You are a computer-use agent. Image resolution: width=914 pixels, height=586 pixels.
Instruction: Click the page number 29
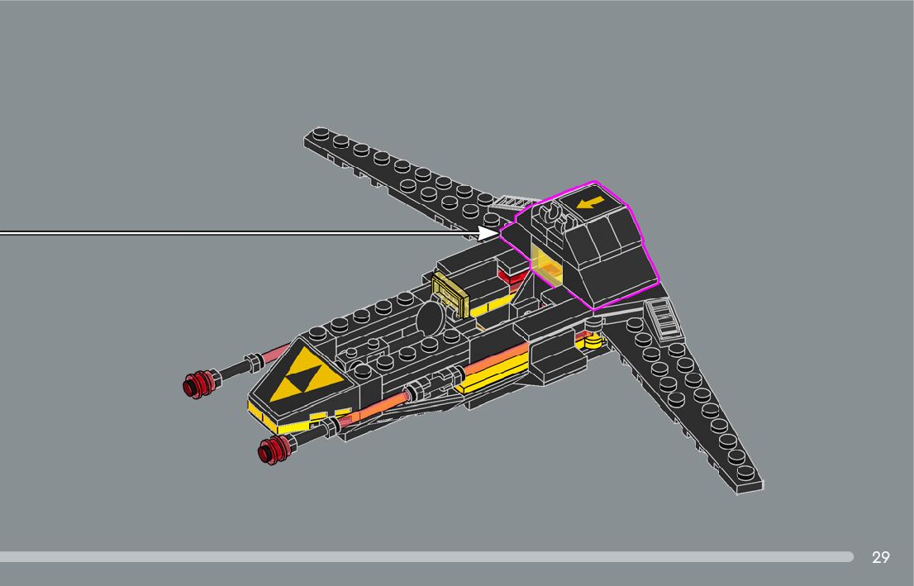(880, 557)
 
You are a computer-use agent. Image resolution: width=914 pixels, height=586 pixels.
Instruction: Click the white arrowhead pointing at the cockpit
(488, 233)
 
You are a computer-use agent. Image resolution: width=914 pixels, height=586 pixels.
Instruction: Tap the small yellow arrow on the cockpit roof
(589, 202)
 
